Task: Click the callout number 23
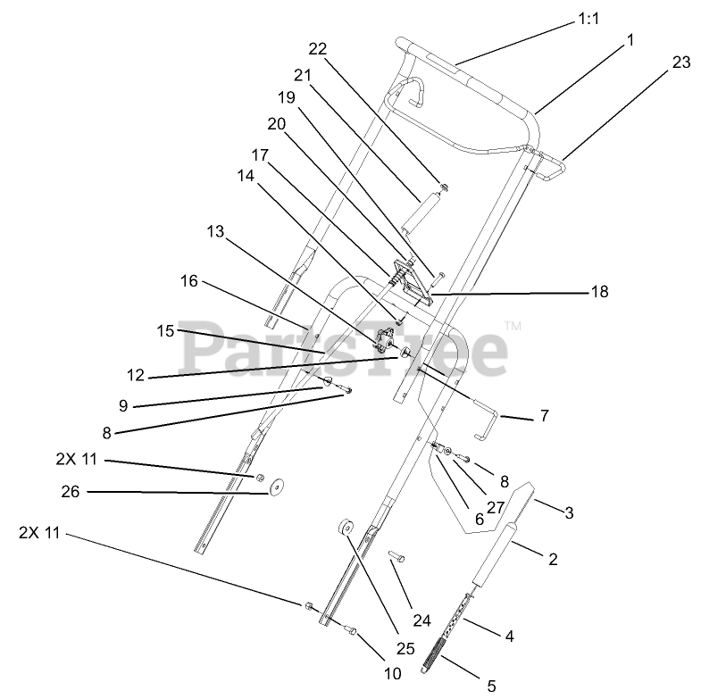coord(681,62)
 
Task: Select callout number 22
coord(319,48)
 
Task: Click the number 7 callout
coord(545,416)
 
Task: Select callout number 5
coord(491,686)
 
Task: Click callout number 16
coord(188,281)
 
